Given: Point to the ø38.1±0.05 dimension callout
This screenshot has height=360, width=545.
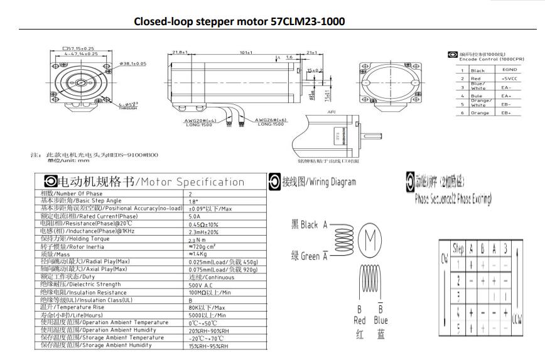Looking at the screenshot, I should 132,63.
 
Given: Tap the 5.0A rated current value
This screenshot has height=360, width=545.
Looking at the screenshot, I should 196,215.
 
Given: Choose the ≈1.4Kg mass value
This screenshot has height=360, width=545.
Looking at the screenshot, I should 198,254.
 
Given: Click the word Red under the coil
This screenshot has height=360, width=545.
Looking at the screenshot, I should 359,320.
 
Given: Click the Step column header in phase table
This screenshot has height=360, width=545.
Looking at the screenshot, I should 458,248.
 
